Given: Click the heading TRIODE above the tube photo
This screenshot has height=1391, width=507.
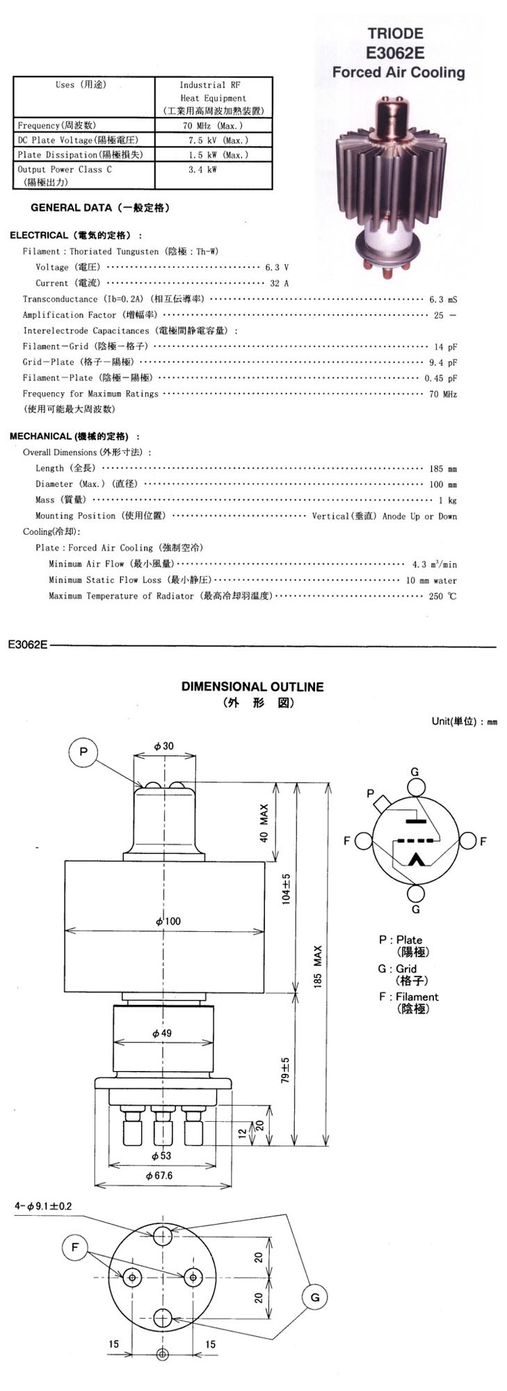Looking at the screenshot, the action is pos(395,33).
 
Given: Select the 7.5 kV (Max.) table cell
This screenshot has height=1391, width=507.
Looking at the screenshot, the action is pos(214,140).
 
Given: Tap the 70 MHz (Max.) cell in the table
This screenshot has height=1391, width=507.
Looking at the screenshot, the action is pos(214,126).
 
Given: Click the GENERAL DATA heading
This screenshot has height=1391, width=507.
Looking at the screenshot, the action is pos(100,208).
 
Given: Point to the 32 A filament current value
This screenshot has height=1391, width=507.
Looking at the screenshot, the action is pos(279,283).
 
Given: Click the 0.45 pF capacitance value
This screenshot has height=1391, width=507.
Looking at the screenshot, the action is pos(441,378).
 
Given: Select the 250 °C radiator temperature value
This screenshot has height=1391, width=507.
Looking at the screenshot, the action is pos(442,596).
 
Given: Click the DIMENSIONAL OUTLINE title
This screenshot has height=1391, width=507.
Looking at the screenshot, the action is pos(252,686).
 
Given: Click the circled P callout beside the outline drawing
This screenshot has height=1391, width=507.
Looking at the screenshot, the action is pos(83,752).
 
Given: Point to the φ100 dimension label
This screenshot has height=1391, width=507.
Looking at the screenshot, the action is pos(168,921).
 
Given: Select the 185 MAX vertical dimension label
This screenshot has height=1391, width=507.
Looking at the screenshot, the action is pos(318,967).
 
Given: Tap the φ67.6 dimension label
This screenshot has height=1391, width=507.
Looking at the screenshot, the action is pos(159,1175).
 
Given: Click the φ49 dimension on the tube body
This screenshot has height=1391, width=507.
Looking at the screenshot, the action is pos(161,1033).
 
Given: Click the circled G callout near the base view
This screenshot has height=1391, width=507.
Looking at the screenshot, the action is pos(315,1297).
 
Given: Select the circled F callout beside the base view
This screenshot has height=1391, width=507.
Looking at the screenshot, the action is pos(75,1247).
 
